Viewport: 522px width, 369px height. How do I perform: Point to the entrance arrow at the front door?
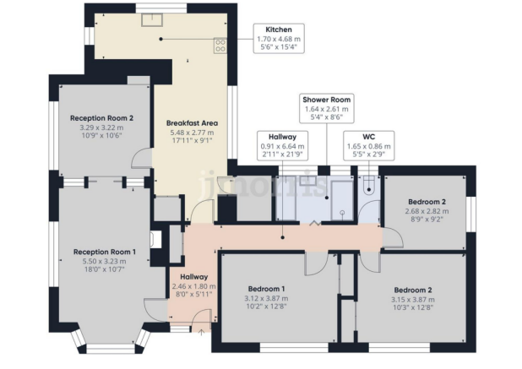coord(201,332)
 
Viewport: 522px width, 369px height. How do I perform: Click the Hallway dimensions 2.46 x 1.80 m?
coord(193,287)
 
